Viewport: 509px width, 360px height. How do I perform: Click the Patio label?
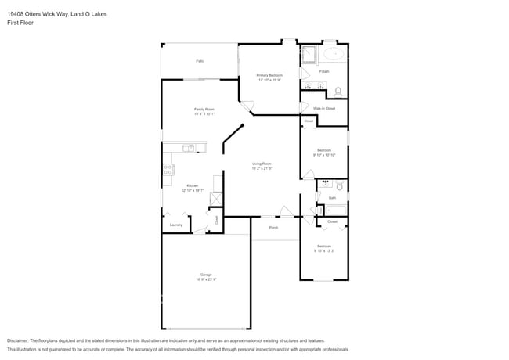click(200, 61)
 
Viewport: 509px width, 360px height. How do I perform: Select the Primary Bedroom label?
click(269, 76)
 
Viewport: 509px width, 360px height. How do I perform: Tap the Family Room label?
click(204, 110)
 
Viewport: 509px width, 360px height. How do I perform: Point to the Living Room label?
click(262, 165)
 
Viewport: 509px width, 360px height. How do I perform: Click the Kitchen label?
click(193, 187)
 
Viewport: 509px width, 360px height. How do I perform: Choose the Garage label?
click(206, 276)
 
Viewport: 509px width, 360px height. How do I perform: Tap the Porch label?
click(273, 228)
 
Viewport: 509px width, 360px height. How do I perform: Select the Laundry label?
click(175, 225)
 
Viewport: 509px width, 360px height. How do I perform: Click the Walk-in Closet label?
click(323, 108)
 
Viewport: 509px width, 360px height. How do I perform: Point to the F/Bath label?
click(324, 71)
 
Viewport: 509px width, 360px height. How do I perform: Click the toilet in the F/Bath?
click(338, 90)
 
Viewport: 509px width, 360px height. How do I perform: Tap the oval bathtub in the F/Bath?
click(334, 54)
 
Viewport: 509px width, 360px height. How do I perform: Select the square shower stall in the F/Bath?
click(309, 54)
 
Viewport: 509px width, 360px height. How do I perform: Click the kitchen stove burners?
click(168, 170)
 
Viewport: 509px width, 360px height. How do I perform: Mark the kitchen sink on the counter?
click(188, 147)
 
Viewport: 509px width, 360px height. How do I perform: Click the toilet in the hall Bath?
click(339, 187)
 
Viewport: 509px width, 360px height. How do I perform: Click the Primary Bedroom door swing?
click(247, 108)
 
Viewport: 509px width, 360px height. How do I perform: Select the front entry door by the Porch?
click(287, 211)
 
